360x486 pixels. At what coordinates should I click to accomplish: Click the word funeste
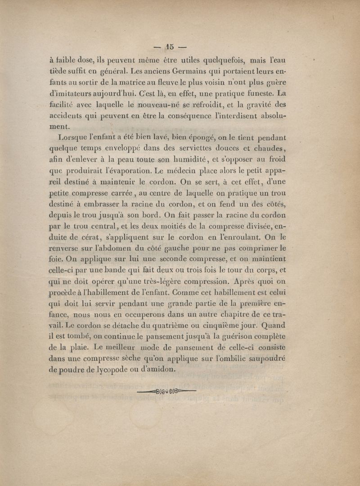[x=254, y=94]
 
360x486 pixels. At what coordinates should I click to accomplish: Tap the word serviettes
[x=184, y=149]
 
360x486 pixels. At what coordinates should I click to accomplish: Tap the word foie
[x=56, y=259]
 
